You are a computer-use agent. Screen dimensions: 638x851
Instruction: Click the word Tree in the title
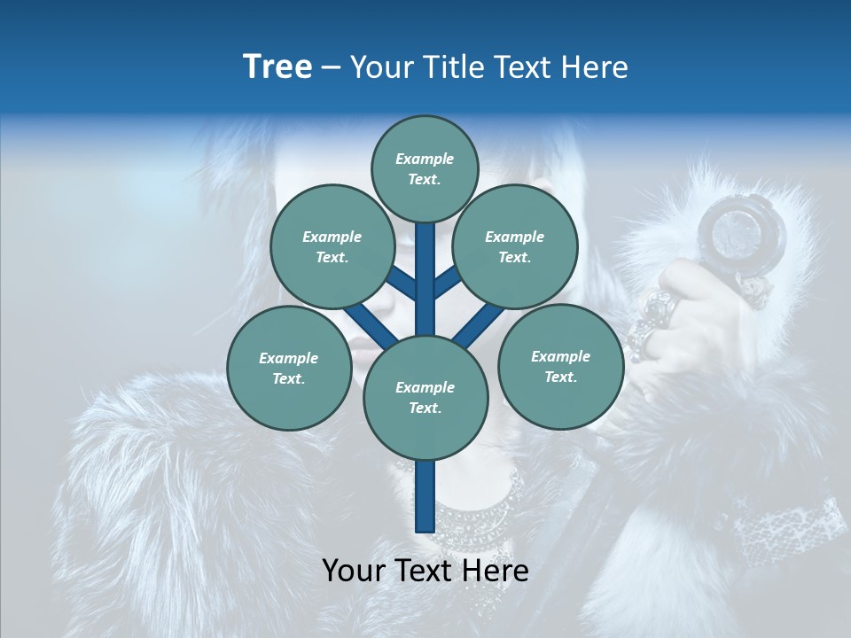coord(277,66)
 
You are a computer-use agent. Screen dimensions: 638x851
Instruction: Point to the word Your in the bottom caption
coord(354,571)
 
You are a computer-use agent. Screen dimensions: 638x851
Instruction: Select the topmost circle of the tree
coord(425,168)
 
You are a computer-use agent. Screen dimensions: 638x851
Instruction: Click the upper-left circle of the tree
coord(332,246)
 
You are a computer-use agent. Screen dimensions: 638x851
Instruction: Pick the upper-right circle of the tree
coord(515,246)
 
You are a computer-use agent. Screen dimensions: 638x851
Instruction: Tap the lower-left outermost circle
coord(289,368)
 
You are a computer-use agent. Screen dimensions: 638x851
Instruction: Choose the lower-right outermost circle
coord(560,366)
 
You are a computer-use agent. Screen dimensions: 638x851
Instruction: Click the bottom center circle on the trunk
coord(425,397)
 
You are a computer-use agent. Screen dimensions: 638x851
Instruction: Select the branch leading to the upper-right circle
coord(447,284)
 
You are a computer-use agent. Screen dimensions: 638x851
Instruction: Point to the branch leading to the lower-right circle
coord(473,326)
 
